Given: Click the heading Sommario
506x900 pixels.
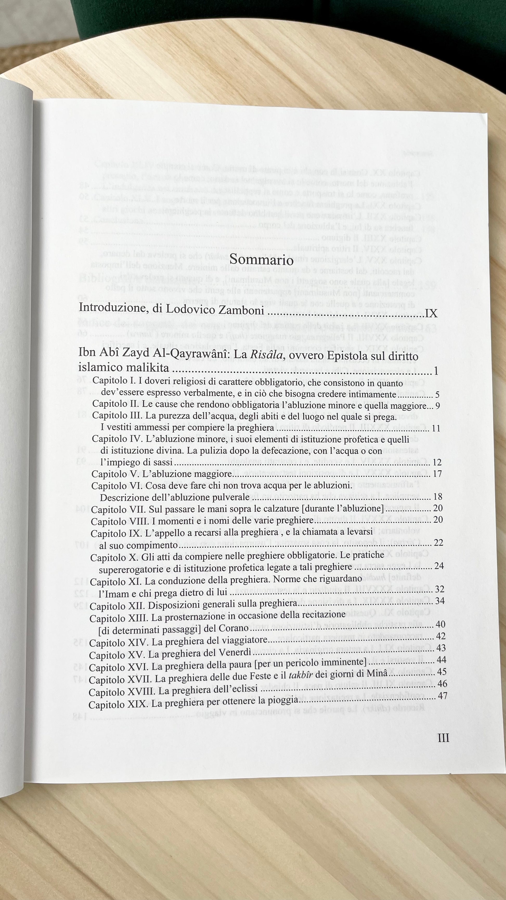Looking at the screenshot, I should [262, 261].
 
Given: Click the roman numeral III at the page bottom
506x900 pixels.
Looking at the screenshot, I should [443, 738].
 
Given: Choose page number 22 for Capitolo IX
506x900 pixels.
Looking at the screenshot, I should [438, 543].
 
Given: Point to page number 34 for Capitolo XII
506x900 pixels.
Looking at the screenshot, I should [440, 601].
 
